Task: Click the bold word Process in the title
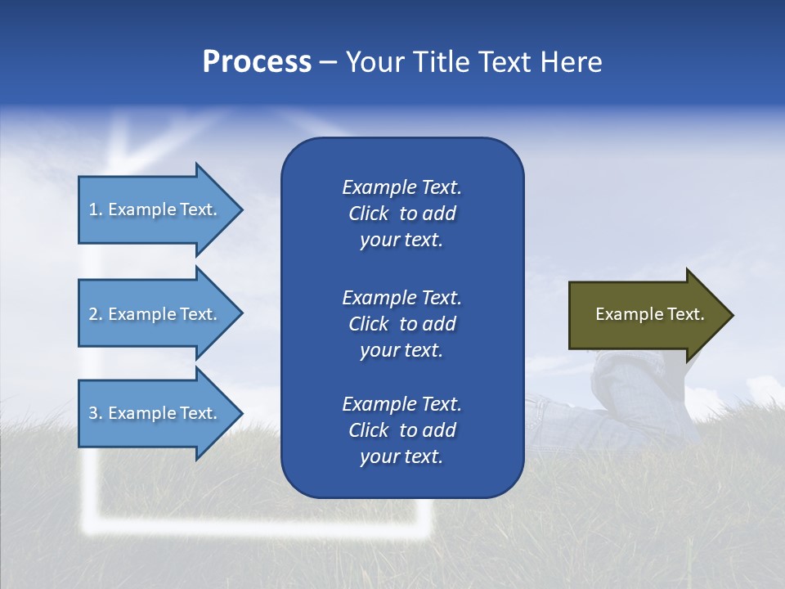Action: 257,62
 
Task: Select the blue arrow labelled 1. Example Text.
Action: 155,209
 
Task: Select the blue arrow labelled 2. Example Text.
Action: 155,314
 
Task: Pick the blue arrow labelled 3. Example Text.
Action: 155,413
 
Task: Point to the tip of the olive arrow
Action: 732,315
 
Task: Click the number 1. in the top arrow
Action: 96,209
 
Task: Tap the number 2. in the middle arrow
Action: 96,314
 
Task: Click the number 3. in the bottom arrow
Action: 96,413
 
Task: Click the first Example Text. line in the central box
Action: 401,187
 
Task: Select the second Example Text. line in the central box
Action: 401,297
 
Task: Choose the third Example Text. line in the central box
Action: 401,404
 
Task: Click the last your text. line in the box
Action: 401,457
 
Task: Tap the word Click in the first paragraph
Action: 368,214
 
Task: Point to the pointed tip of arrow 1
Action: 241,209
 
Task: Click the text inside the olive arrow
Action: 649,314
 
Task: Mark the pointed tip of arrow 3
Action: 241,413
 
